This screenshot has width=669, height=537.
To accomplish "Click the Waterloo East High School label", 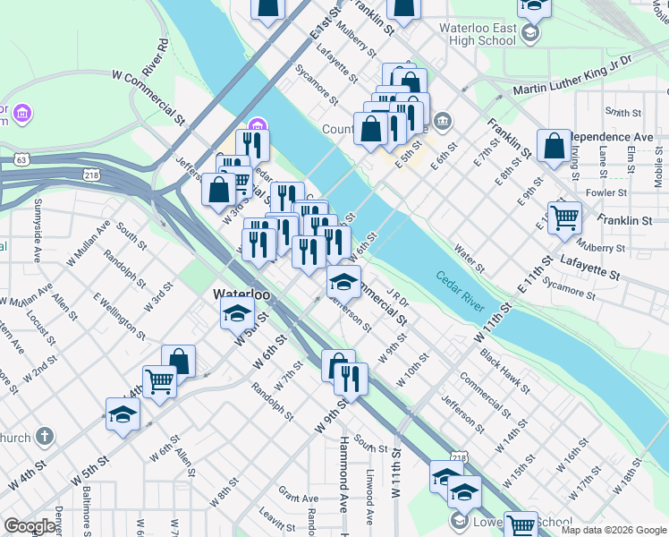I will coord(478,34).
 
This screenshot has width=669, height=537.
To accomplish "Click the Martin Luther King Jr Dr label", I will coord(572,75).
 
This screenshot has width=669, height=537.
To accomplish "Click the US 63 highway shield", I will coord(21,159).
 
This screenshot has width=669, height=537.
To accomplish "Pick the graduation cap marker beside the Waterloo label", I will coord(236,312).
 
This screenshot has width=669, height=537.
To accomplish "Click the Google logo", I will coord(30,526).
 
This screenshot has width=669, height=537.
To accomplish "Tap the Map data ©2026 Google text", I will coord(614,530).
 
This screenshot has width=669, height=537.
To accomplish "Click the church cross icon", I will coord(45,437).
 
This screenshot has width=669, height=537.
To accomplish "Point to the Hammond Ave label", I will coord(343,474).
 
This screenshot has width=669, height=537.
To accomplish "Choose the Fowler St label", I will coord(605,192).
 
